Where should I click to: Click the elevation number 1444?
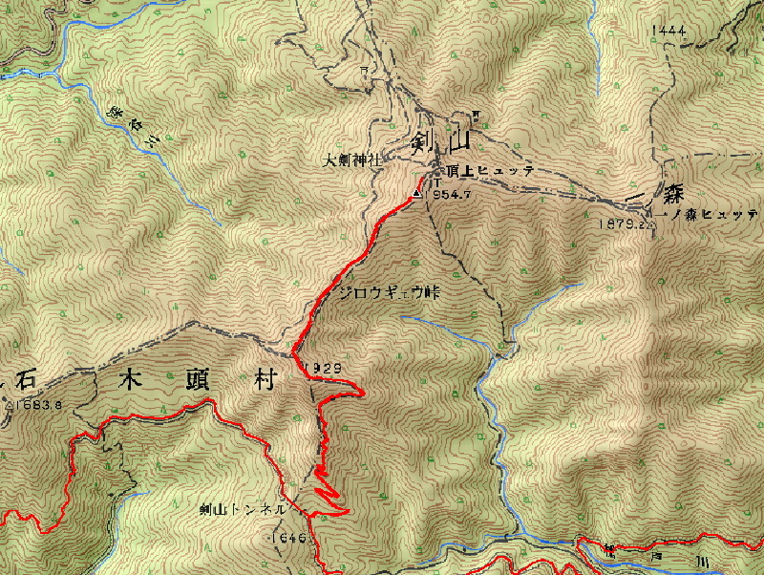[667, 32]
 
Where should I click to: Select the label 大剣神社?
[352, 160]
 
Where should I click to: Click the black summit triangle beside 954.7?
[416, 194]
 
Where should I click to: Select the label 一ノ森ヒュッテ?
[712, 215]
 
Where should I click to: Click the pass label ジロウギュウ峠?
[393, 292]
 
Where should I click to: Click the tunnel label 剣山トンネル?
[243, 510]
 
